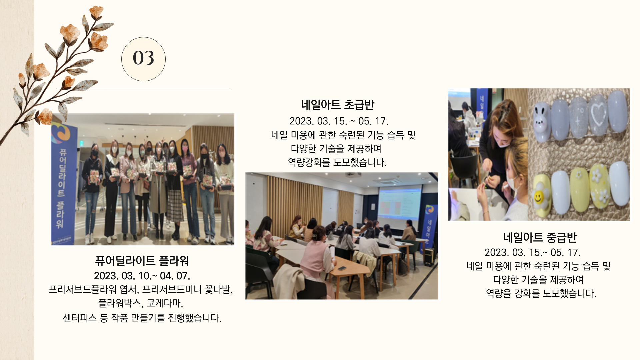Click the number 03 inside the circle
pyautogui.click(x=143, y=58)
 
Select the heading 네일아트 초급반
pyautogui.click(x=337, y=105)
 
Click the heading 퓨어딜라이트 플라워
pyautogui.click(x=142, y=261)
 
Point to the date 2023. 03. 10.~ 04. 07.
pyautogui.click(x=142, y=276)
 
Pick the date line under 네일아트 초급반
pyautogui.click(x=339, y=121)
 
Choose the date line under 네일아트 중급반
pyautogui.click(x=532, y=252)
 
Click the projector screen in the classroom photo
pyautogui.click(x=399, y=203)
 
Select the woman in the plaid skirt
pyautogui.click(x=175, y=188)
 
